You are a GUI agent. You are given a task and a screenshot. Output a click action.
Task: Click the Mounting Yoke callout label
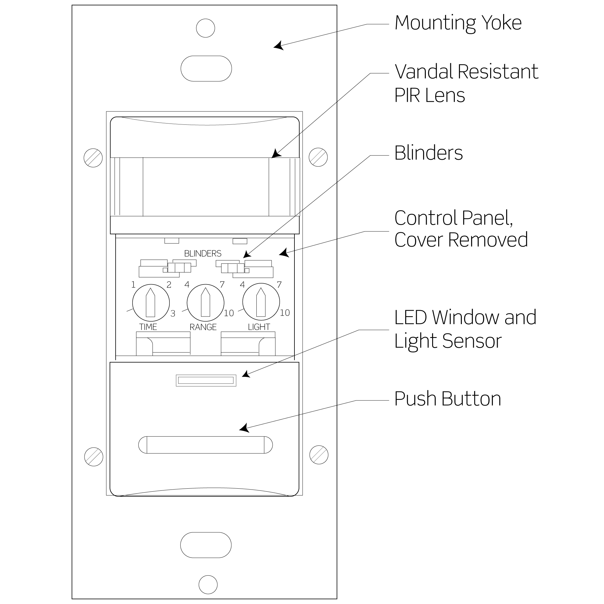pyautogui.click(x=458, y=23)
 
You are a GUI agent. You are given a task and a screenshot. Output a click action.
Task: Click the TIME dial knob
pyautogui.click(x=151, y=303)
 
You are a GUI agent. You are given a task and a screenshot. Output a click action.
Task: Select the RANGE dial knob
pyautogui.click(x=205, y=303)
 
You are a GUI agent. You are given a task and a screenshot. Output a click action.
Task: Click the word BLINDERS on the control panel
pyautogui.click(x=203, y=254)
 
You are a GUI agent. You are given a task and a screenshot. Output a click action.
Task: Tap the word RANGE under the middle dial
pyautogui.click(x=203, y=327)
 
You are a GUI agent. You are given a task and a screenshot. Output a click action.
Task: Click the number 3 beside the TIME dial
pyautogui.click(x=173, y=313)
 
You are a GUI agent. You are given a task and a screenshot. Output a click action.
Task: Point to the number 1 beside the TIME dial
pyautogui.click(x=133, y=284)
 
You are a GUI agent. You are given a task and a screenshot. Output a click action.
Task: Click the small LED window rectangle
pyautogui.click(x=206, y=381)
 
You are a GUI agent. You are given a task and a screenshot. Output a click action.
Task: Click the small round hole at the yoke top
pyautogui.click(x=205, y=28)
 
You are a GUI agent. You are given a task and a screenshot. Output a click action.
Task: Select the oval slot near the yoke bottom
pyautogui.click(x=206, y=545)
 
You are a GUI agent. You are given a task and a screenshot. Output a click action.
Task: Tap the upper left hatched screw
pyautogui.click(x=93, y=158)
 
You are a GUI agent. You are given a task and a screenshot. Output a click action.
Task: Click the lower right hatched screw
pyautogui.click(x=319, y=455)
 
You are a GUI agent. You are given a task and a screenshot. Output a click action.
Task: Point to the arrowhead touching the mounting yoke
pyautogui.click(x=278, y=46)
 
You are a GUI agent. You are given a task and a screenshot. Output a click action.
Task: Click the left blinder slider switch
pyautogui.click(x=179, y=268)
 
